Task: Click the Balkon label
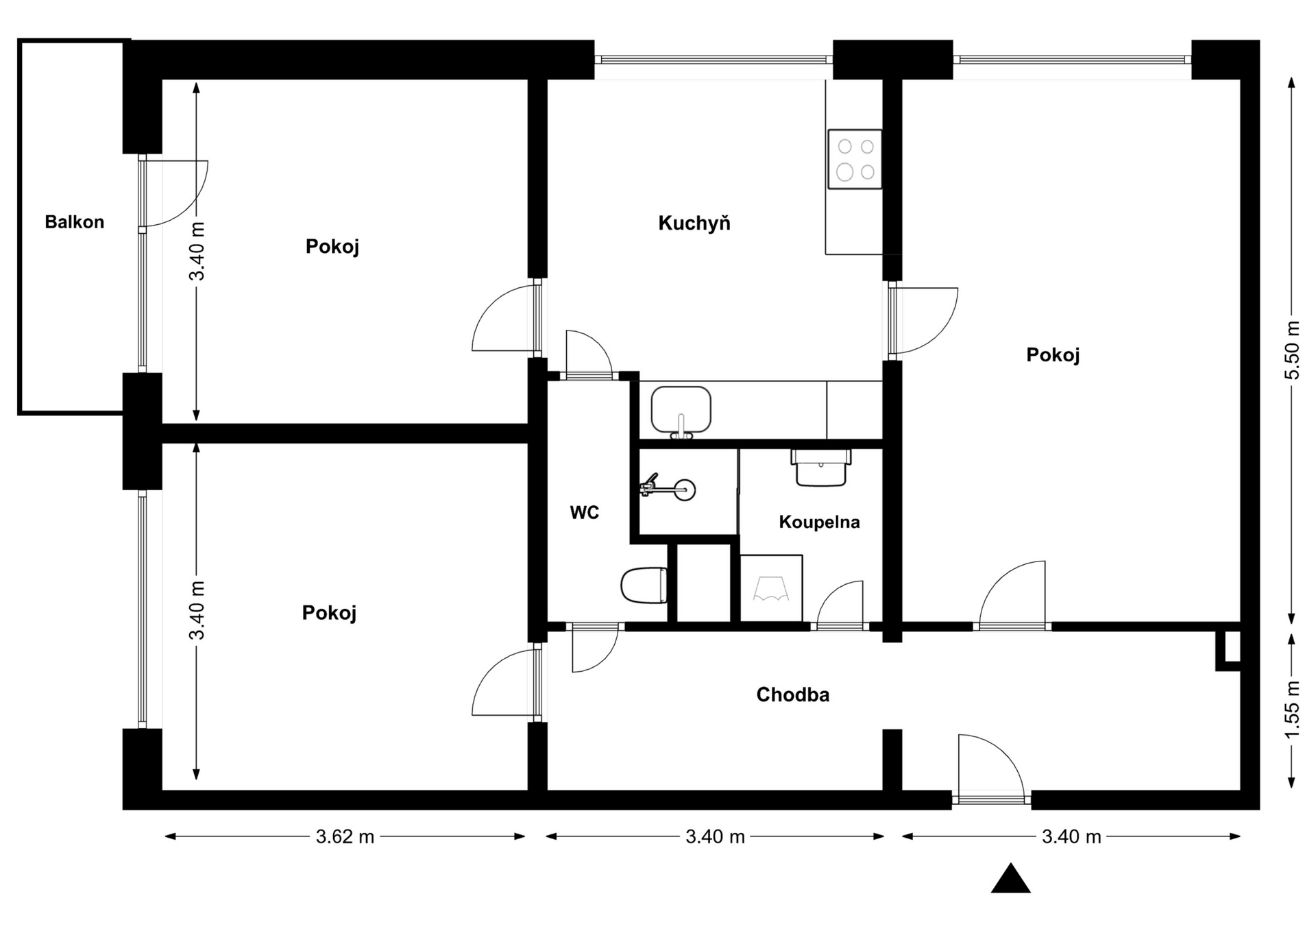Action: [x=74, y=222]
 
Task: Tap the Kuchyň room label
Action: [x=694, y=223]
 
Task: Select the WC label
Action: [x=585, y=512]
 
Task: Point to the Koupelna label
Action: [x=819, y=522]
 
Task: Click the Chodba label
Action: [x=793, y=694]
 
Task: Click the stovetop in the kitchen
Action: [x=855, y=158]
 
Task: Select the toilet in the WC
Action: [x=644, y=585]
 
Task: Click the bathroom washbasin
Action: [x=821, y=468]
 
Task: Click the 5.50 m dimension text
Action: [x=1292, y=350]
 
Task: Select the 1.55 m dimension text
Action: [x=1292, y=710]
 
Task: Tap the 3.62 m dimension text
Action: [x=345, y=836]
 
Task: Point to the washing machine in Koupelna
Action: [x=771, y=588]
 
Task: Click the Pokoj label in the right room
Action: [x=1053, y=354]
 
